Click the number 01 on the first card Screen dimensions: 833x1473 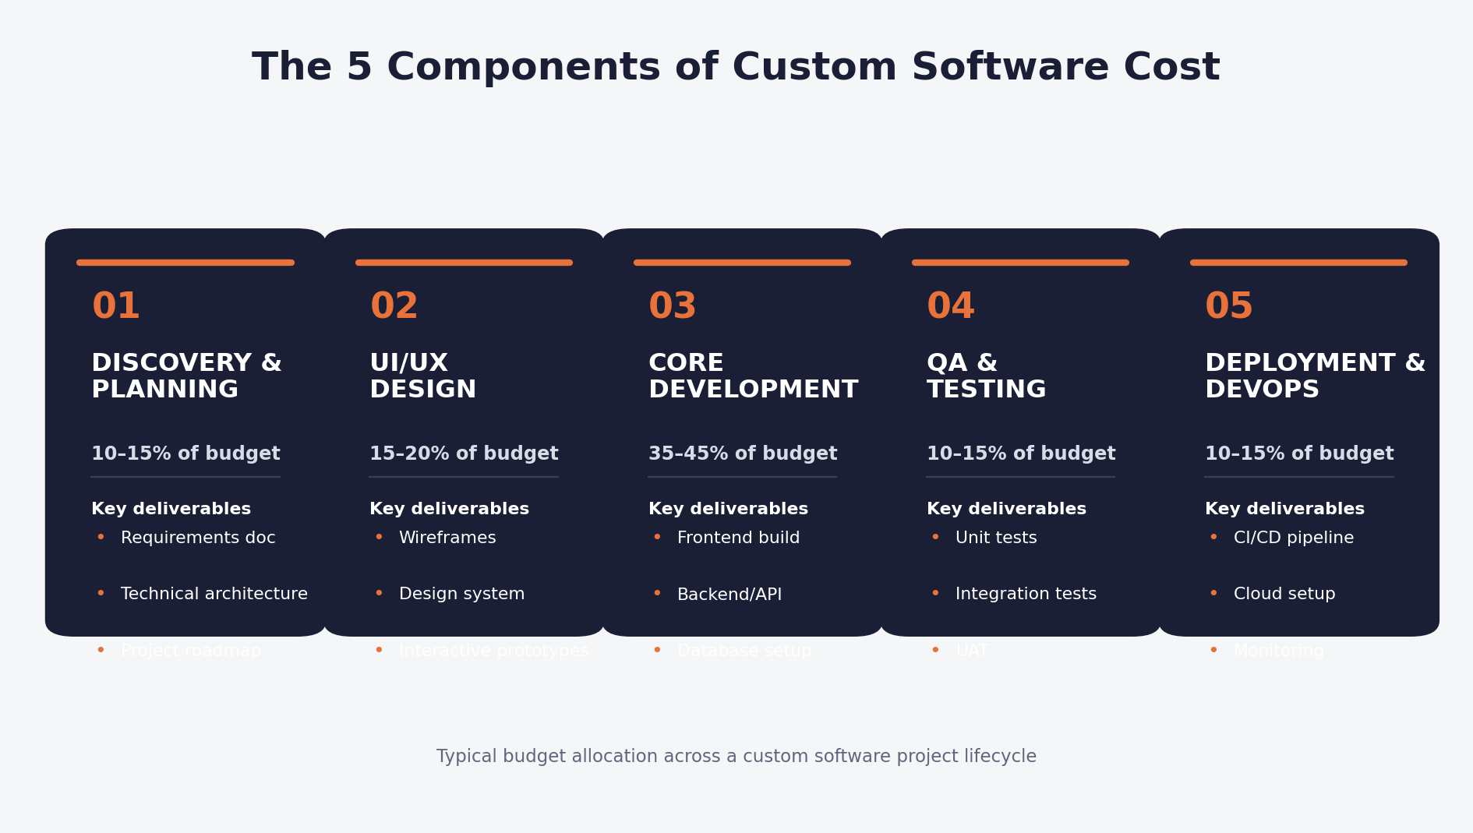[115, 306]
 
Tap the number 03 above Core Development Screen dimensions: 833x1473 [672, 306]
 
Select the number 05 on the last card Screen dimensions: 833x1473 [1228, 306]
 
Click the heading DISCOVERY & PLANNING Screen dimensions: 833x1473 [186, 376]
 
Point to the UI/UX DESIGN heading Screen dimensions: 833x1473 [422, 376]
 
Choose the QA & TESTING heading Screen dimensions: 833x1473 [986, 376]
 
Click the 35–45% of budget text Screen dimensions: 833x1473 [742, 454]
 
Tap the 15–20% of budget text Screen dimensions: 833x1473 [464, 454]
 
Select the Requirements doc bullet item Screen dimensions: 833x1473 [198, 538]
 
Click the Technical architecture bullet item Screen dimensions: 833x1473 [214, 595]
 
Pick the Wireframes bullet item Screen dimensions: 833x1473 [447, 538]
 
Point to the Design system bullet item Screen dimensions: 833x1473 [461, 595]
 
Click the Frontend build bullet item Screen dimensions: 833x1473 [738, 538]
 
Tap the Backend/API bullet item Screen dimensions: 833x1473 [729, 595]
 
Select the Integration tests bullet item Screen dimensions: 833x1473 [1026, 595]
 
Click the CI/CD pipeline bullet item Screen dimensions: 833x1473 [1293, 538]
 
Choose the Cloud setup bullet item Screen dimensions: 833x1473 [1284, 595]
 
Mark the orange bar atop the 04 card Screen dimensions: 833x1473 [1020, 263]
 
